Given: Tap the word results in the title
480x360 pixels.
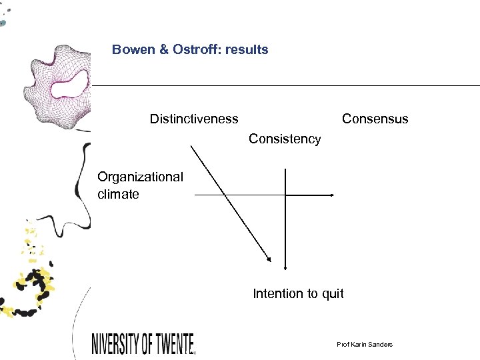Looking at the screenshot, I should tap(247, 49).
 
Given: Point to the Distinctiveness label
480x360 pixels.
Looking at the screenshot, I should tap(193, 119).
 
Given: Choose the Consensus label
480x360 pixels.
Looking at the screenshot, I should tap(375, 119).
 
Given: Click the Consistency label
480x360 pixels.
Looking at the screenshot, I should tap(285, 139).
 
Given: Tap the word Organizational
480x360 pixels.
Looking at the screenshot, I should tap(140, 177).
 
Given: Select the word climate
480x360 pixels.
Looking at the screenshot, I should tap(118, 195).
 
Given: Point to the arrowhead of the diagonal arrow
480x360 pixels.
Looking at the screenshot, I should tap(269, 261).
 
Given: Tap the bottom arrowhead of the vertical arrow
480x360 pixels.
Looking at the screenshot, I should tap(285, 267).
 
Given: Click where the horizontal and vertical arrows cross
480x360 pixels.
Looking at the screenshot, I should tap(285, 195).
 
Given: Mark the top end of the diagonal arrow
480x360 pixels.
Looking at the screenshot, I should tap(192, 147).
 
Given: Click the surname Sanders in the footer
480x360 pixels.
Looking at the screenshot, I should tap(379, 344).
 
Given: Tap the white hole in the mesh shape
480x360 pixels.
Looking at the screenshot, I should tap(68, 85).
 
